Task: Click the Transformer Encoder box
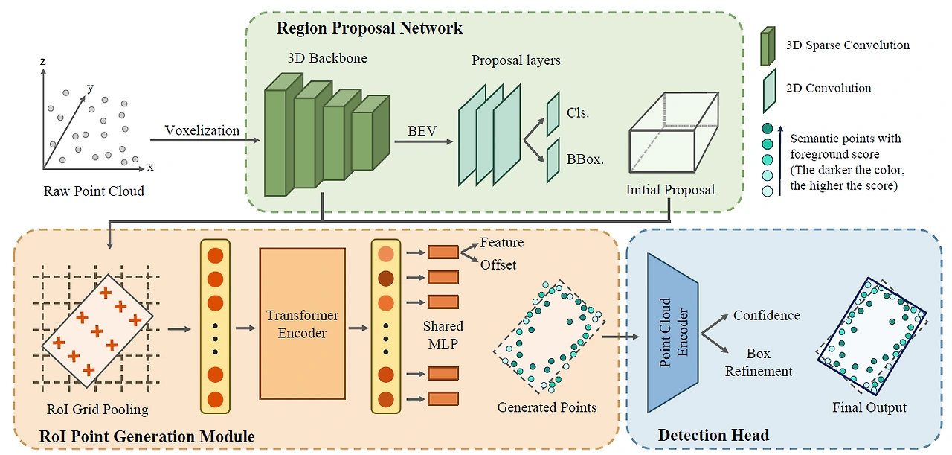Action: click(302, 323)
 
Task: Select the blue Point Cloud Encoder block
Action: click(673, 333)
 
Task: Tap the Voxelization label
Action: click(202, 130)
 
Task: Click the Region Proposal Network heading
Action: click(369, 28)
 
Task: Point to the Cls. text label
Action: click(578, 114)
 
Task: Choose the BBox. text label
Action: click(584, 159)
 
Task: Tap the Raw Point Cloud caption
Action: click(94, 191)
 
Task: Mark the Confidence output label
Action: click(766, 315)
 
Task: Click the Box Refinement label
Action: click(759, 362)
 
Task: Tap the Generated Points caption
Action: click(547, 407)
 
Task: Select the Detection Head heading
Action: click(713, 435)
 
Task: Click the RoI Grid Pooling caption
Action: click(97, 409)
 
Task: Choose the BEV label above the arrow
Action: click(422, 131)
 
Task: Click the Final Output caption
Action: click(869, 407)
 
